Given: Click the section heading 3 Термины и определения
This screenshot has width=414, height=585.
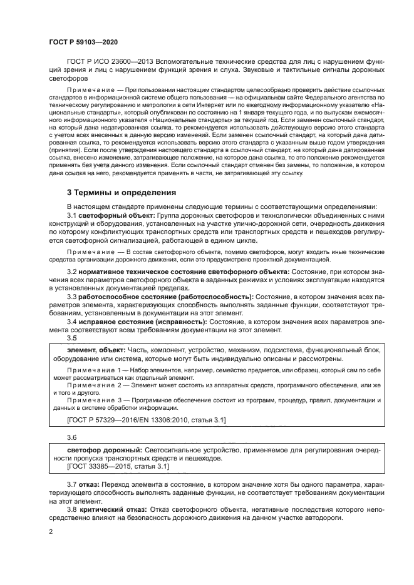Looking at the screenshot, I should [122, 192].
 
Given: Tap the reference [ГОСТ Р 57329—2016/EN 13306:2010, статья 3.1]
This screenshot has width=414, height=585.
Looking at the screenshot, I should [147, 420].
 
